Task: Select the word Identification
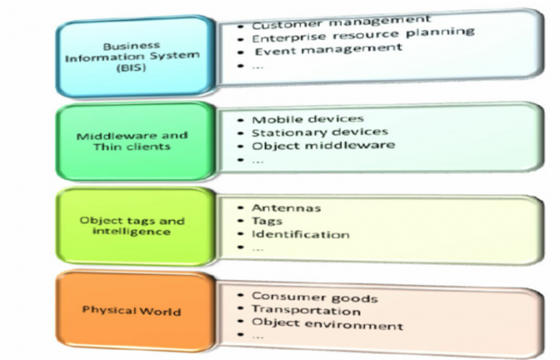(x=300, y=234)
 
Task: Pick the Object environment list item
(x=327, y=324)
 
